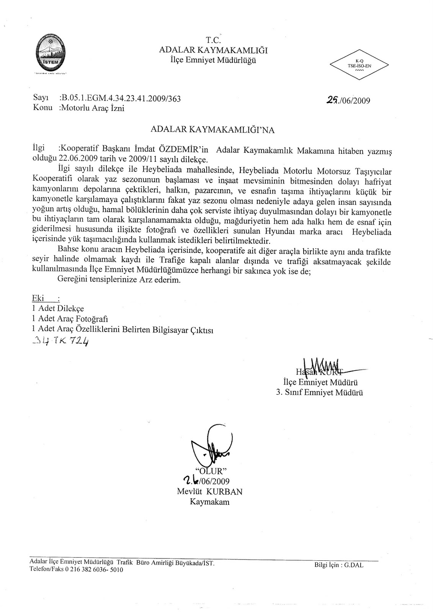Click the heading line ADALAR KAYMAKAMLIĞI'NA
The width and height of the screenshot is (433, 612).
213,130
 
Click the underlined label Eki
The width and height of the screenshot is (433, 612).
39,298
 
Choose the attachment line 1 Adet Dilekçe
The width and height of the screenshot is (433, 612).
58,308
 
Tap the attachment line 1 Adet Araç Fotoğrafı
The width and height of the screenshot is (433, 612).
70,318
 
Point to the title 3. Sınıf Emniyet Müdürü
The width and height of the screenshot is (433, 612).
320,392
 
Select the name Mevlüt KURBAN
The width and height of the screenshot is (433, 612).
209,492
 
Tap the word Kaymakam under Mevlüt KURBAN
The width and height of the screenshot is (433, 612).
209,502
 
